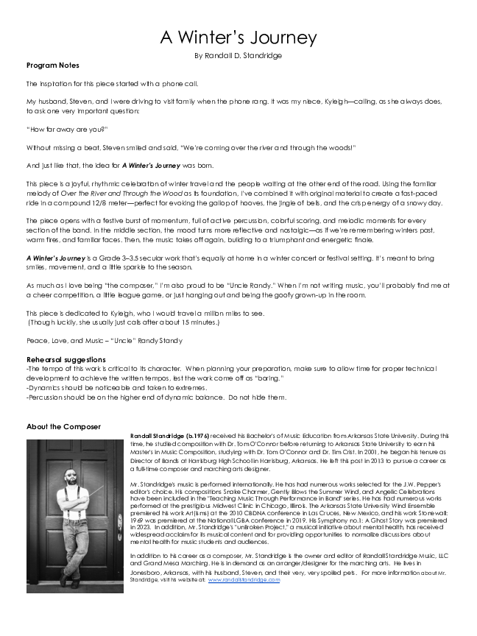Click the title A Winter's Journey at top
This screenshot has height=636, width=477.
pos(239,38)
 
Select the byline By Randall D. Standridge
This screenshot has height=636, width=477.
pos(239,55)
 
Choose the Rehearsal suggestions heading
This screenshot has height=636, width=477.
pos(66,359)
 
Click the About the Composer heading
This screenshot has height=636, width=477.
pos(63,426)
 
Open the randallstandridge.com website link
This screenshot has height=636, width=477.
pos(244,580)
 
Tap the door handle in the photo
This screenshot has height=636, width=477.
pos(120,525)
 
